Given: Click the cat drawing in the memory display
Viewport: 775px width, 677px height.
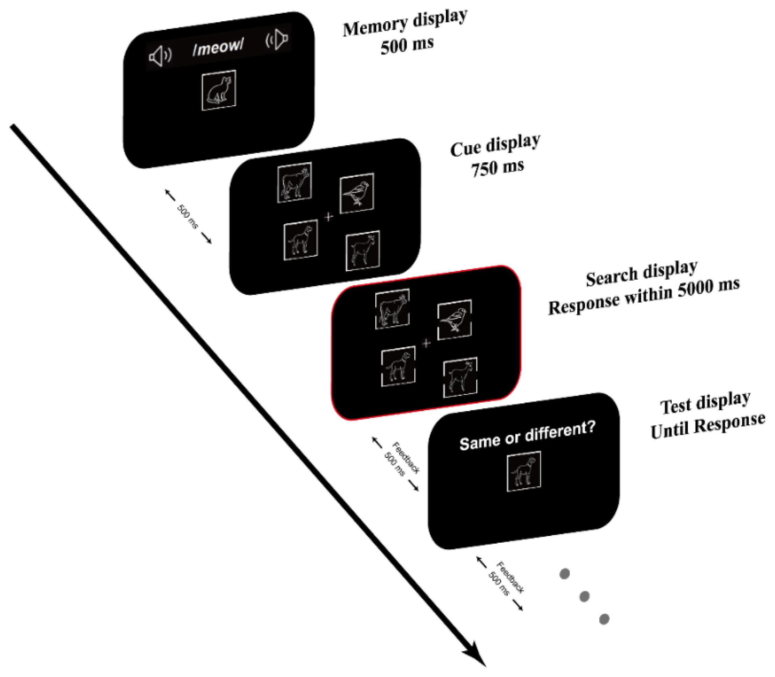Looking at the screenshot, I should [x=219, y=91].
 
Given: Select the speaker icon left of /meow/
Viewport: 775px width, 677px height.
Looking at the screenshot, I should [x=160, y=56].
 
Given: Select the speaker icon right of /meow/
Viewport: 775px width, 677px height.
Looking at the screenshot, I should [x=277, y=39].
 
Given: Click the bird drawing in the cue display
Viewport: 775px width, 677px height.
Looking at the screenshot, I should [x=357, y=193].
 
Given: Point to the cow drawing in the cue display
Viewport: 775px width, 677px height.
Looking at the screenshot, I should [x=294, y=183].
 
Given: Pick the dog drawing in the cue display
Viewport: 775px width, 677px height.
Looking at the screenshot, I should [x=301, y=240].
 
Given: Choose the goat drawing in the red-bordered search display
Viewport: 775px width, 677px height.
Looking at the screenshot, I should [x=460, y=378].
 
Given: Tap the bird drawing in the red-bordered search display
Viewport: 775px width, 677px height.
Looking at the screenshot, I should [x=454, y=320].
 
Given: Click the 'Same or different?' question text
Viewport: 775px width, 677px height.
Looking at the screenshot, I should [x=527, y=435].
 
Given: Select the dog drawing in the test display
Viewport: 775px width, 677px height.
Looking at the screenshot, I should [x=524, y=472].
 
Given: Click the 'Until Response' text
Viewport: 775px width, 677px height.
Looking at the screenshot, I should [x=707, y=426].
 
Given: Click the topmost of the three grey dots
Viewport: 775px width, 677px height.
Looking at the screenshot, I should [x=564, y=574].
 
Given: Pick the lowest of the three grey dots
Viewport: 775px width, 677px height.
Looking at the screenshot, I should [x=604, y=619].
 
